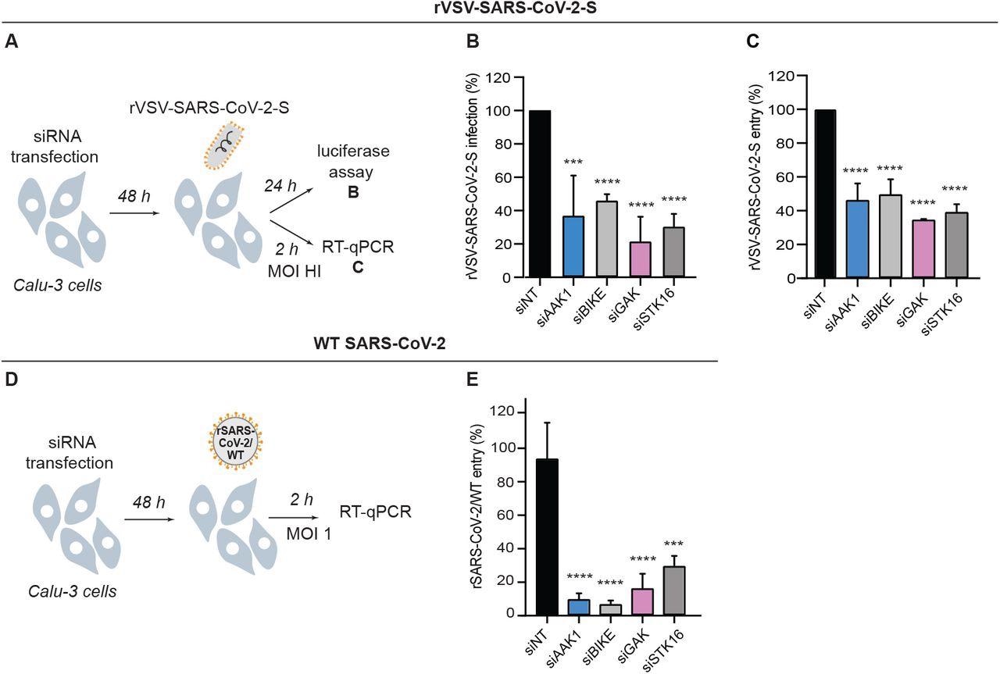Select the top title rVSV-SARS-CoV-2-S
coord(501,9)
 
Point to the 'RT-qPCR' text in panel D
coord(375,512)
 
